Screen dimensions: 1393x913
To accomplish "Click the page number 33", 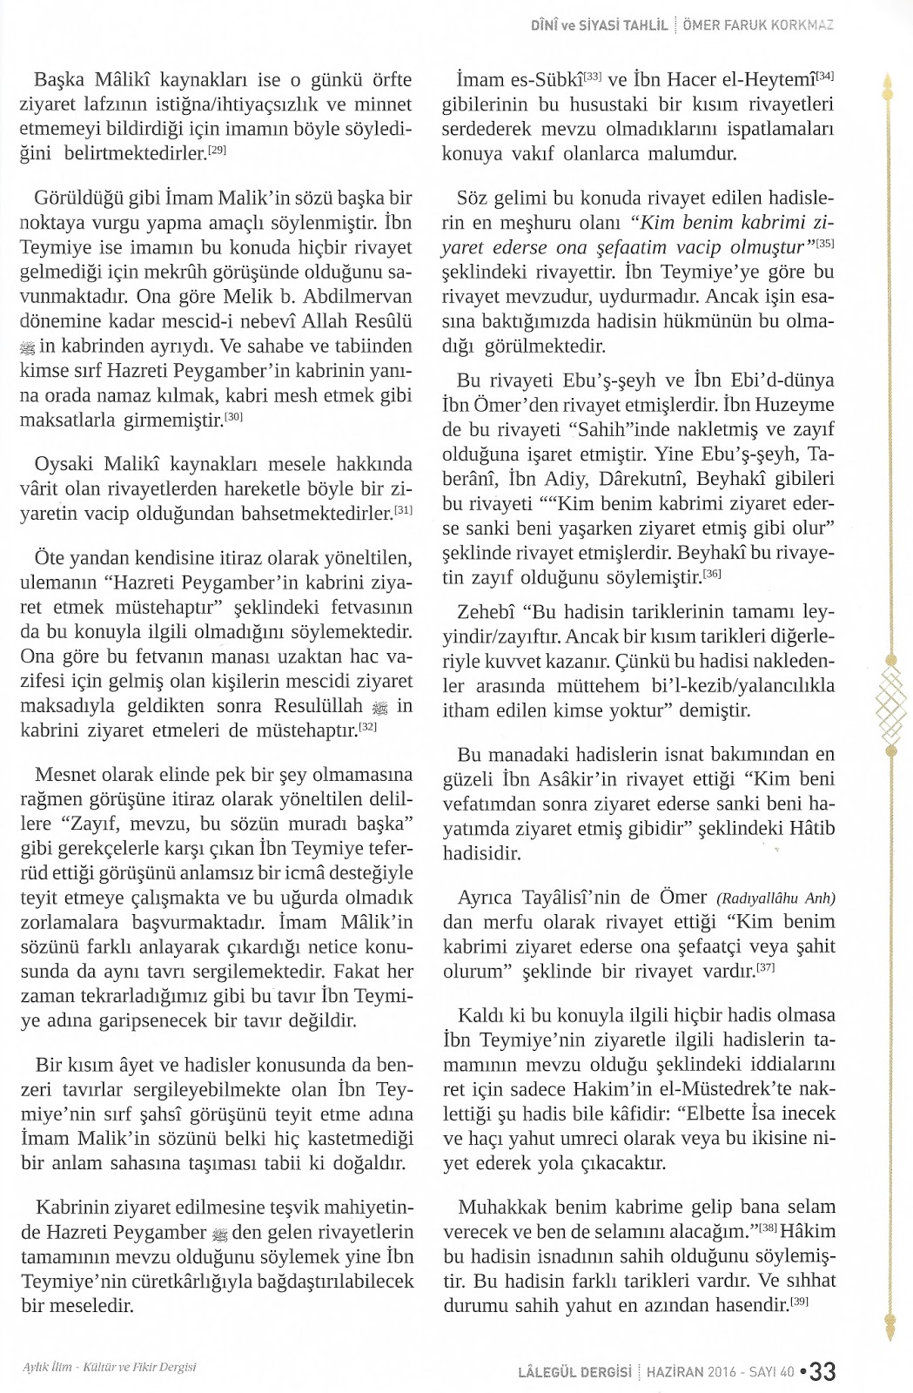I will (823, 1371).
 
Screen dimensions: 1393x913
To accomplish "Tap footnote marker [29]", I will (218, 151).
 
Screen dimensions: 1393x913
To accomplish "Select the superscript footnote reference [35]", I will (825, 243).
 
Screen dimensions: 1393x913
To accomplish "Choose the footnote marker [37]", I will (766, 966).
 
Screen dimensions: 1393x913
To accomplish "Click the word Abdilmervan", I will (346, 297).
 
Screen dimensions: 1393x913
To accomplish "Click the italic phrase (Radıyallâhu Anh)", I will (775, 898).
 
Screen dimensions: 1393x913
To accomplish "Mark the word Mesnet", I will (66, 775).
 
